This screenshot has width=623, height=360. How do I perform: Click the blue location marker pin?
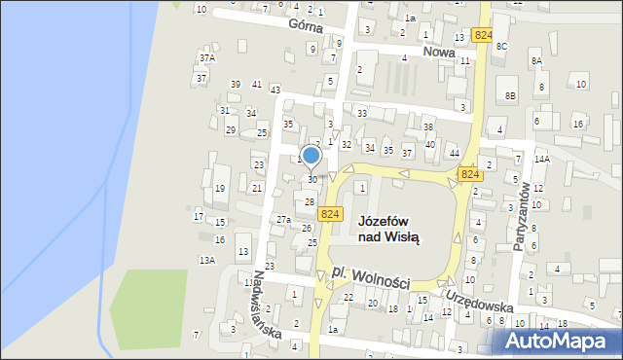[311, 156]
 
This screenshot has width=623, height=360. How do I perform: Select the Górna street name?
[277, 28]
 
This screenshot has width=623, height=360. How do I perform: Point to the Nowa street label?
[439, 51]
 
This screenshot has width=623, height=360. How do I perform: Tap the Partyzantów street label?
[523, 216]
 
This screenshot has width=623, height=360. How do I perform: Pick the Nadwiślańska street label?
[268, 304]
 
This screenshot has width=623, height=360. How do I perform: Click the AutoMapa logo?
[559, 342]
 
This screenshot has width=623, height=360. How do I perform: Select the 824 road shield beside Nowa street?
[482, 35]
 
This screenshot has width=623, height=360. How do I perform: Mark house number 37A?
[206, 58]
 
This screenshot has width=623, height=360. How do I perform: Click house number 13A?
[206, 260]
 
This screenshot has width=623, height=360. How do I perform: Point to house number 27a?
[282, 220]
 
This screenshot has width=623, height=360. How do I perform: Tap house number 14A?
[542, 159]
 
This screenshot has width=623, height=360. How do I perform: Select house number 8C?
[501, 46]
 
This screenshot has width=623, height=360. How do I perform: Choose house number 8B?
[510, 95]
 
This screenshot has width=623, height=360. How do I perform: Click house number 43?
[275, 90]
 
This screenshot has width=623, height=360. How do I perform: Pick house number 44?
[454, 154]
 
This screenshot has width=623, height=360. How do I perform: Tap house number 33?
[361, 114]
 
